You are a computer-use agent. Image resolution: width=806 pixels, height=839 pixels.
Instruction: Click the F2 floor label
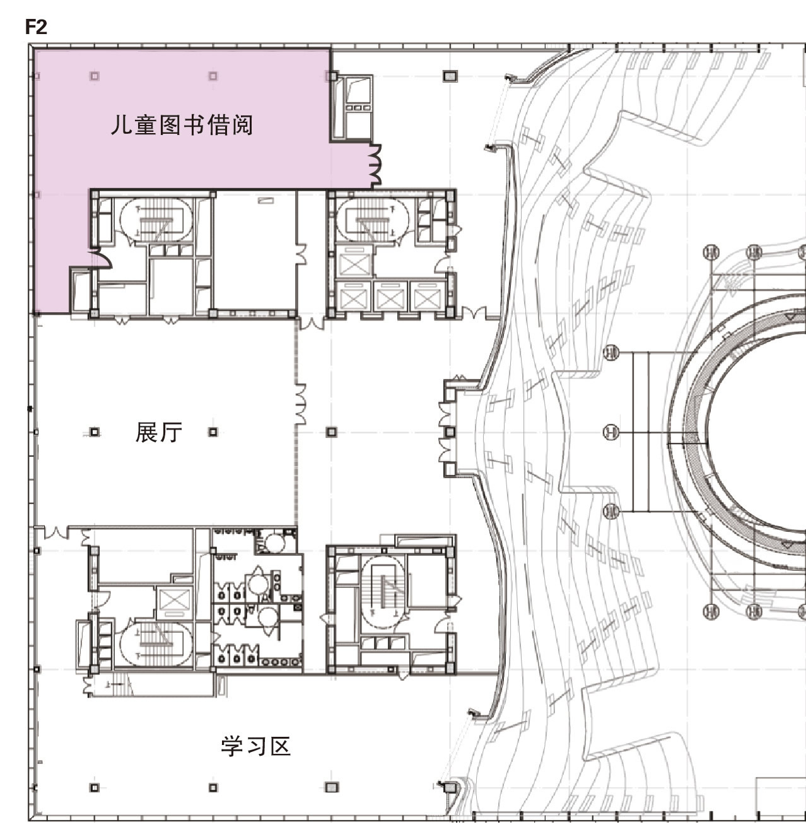pyautogui.click(x=36, y=27)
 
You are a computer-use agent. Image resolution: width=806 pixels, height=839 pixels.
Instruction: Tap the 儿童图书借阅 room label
pyautogui.click(x=182, y=125)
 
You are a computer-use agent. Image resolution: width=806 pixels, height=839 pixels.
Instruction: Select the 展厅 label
pyautogui.click(x=158, y=431)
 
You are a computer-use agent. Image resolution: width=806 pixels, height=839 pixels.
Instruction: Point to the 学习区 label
pyautogui.click(x=256, y=746)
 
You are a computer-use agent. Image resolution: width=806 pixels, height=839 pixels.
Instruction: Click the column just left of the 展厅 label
pyautogui.click(x=95, y=431)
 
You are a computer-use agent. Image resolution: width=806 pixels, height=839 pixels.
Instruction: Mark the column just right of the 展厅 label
pyautogui.click(x=213, y=431)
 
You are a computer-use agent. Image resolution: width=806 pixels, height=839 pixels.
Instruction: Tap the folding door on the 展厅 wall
pyautogui.click(x=300, y=404)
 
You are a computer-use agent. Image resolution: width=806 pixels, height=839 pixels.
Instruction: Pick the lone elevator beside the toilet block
pyautogui.click(x=174, y=601)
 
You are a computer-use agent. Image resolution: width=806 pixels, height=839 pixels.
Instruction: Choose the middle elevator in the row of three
pyautogui.click(x=390, y=296)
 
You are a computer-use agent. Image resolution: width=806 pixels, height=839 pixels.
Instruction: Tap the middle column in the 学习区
pyautogui.click(x=213, y=788)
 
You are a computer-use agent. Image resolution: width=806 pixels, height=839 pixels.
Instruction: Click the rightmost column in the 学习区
pyautogui.click(x=331, y=788)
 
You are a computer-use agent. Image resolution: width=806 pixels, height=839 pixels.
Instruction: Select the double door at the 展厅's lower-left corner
pyautogui.click(x=57, y=532)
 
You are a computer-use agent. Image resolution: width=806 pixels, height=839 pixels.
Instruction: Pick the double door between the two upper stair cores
pyautogui.click(x=312, y=323)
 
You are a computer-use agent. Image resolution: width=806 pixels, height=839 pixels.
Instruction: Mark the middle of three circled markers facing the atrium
pyautogui.click(x=610, y=431)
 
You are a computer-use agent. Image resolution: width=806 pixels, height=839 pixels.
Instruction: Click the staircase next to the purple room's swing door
pyautogui.click(x=156, y=220)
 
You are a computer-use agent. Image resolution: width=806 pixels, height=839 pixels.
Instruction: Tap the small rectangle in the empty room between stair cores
pyautogui.click(x=266, y=200)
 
